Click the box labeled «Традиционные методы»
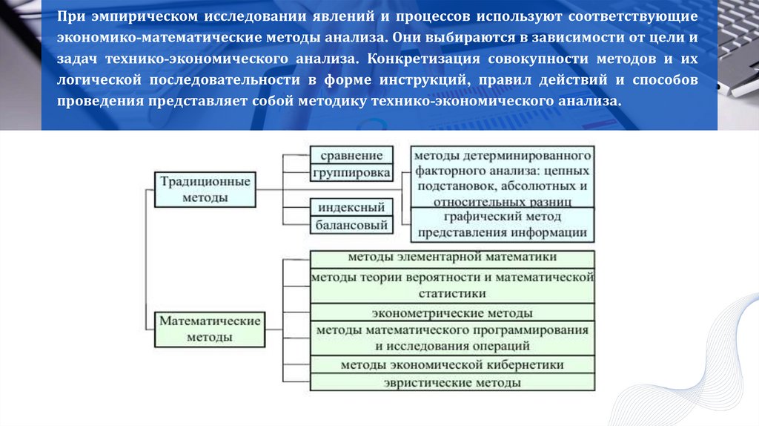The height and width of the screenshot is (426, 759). pos(204,189)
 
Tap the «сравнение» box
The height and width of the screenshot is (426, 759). pos(351,155)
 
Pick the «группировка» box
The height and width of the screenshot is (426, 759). pos(351,173)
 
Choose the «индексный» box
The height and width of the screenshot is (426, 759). pos(351,207)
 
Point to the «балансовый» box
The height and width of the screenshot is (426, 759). pos(351,224)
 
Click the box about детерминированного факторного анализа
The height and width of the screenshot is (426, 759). pos(502,178)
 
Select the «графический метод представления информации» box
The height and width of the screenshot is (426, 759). pos(502,224)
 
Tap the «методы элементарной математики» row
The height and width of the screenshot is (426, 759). pos(452,258)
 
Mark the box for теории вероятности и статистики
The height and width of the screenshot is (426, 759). pos(452,285)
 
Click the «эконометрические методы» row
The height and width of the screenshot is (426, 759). pos(452,313)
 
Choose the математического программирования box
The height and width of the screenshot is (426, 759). pos(452,338)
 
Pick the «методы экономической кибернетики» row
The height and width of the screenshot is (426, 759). pos(452,364)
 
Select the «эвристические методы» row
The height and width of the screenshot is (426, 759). pos(452,383)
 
